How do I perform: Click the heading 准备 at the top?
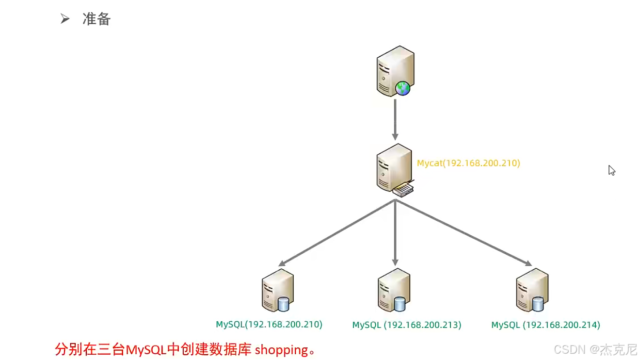[x=96, y=19]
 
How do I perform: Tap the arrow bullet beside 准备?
[x=65, y=19]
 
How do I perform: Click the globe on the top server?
[x=402, y=88]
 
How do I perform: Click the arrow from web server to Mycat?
[x=395, y=119]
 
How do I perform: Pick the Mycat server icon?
[x=394, y=167]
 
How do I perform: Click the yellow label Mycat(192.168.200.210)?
[x=468, y=163]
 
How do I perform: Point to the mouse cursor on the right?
[x=612, y=170]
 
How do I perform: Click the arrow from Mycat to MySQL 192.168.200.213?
[x=395, y=233]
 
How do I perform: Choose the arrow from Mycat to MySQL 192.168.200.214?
[x=463, y=233]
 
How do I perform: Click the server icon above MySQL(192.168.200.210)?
[x=277, y=290]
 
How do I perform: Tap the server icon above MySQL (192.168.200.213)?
[x=393, y=290]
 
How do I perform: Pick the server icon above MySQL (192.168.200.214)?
[x=532, y=290]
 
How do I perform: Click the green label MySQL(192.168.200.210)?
[x=269, y=324]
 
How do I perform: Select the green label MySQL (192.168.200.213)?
[x=407, y=325]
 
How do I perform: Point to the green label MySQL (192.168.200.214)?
[x=545, y=325]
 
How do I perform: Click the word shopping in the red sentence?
[x=281, y=350]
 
